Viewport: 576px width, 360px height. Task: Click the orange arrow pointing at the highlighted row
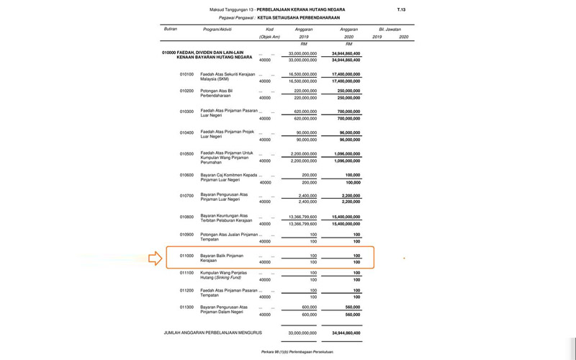[x=156, y=258]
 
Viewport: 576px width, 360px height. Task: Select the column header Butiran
[x=171, y=29]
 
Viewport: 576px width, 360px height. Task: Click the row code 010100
[x=186, y=73]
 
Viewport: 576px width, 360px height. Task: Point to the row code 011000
[x=186, y=255]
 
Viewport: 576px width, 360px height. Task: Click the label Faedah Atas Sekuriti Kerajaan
[x=226, y=73]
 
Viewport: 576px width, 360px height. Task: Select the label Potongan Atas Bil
[x=216, y=91]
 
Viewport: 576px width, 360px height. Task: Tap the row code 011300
[x=186, y=307]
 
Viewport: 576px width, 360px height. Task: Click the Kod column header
[x=269, y=29]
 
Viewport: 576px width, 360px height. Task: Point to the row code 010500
[x=186, y=153]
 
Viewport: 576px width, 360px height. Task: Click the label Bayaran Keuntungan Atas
[x=223, y=215]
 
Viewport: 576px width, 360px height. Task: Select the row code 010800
[x=186, y=216]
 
